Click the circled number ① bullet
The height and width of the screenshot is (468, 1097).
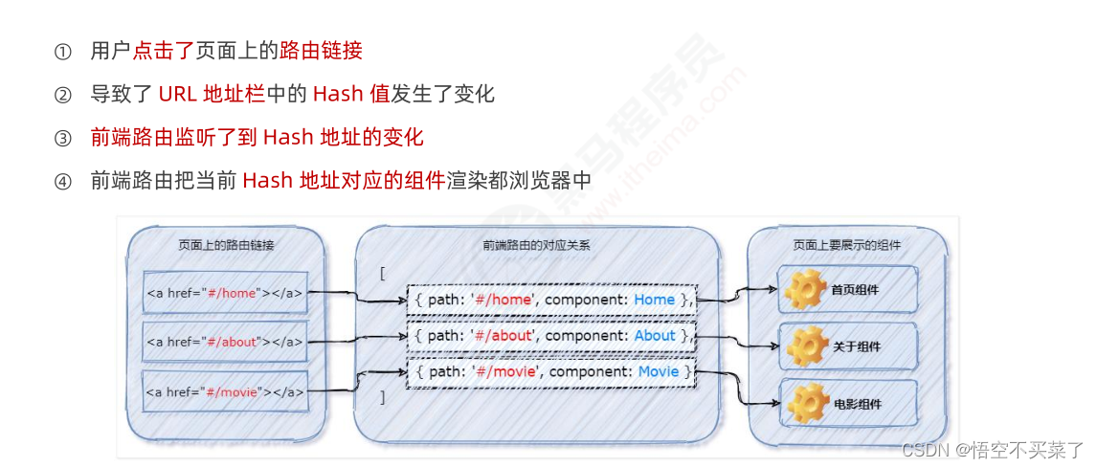pyautogui.click(x=63, y=52)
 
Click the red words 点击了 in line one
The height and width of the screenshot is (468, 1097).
pyautogui.click(x=164, y=51)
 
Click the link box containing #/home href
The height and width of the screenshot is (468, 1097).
pyautogui.click(x=225, y=293)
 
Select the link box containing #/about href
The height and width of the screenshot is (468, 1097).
pyautogui.click(x=225, y=342)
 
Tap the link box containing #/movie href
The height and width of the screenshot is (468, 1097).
pyautogui.click(x=225, y=390)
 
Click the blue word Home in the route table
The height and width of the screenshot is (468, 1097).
pyautogui.click(x=654, y=300)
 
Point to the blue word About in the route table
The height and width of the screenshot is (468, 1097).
pyautogui.click(x=655, y=336)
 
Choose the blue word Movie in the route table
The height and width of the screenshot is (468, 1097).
pyautogui.click(x=659, y=371)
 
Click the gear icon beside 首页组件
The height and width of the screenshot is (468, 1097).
pyautogui.click(x=805, y=289)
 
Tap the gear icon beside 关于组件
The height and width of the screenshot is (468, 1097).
pyautogui.click(x=805, y=345)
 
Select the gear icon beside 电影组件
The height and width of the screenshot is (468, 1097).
pyautogui.click(x=805, y=402)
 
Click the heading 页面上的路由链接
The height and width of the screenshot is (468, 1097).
pyautogui.click(x=226, y=245)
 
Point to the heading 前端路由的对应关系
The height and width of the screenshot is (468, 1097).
pyautogui.click(x=536, y=245)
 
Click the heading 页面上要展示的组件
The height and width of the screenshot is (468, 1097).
pyautogui.click(x=846, y=245)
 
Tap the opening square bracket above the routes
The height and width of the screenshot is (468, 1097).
pyautogui.click(x=382, y=274)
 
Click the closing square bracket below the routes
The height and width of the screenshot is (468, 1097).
pyautogui.click(x=382, y=396)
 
